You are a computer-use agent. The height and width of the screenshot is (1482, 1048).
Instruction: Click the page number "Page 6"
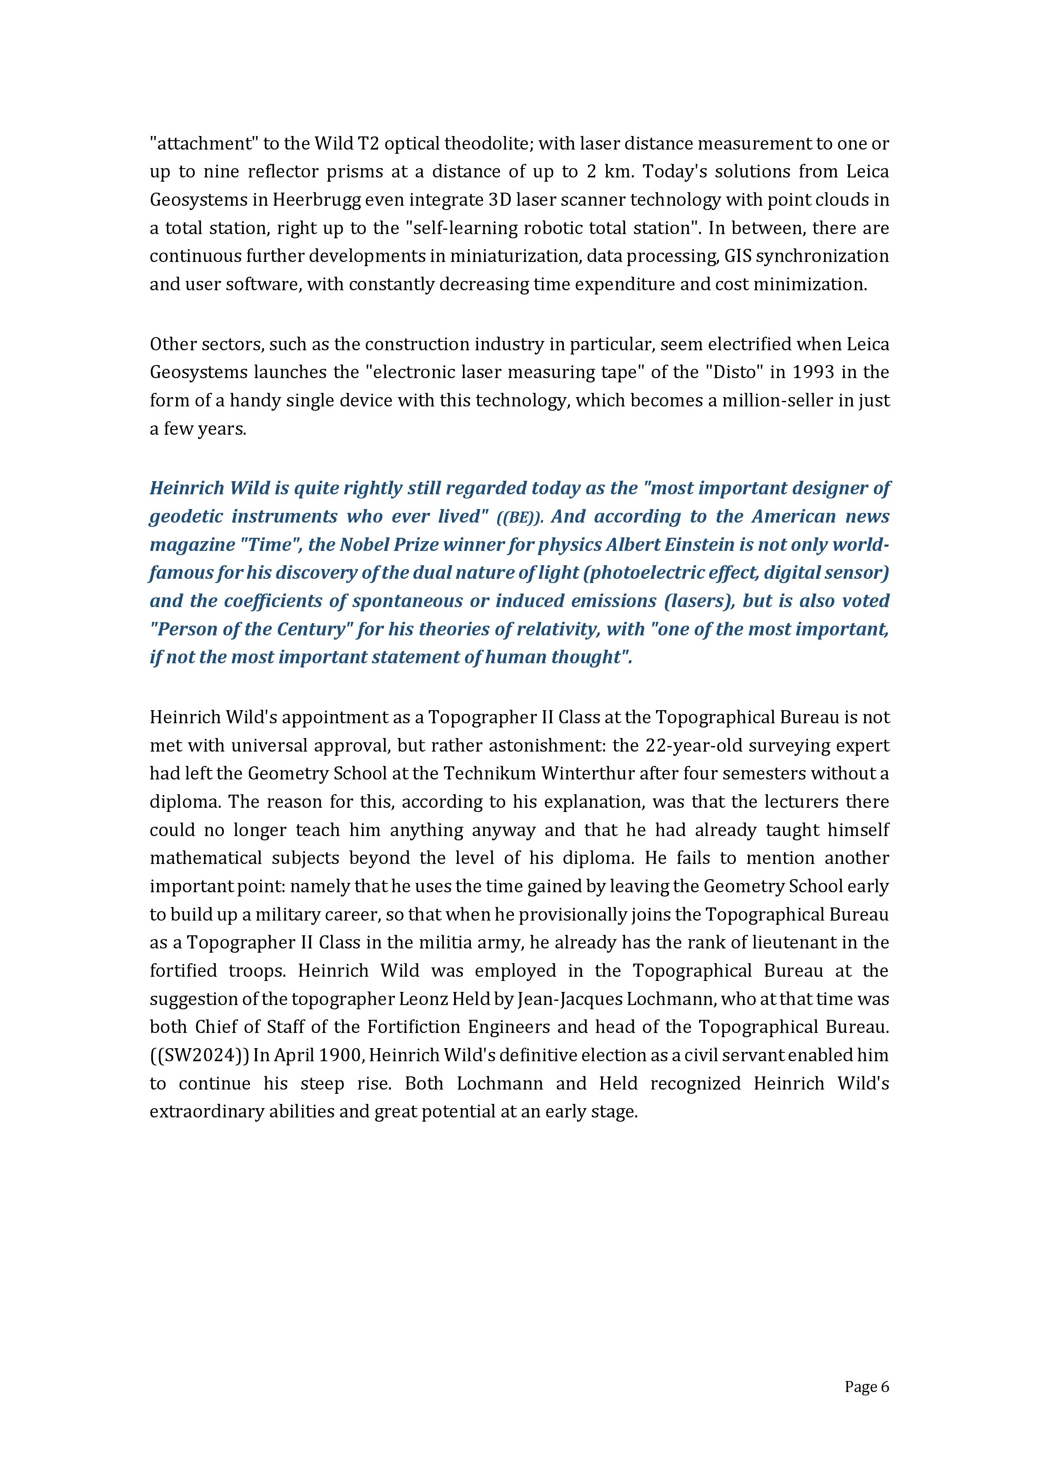pyautogui.click(x=866, y=1387)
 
